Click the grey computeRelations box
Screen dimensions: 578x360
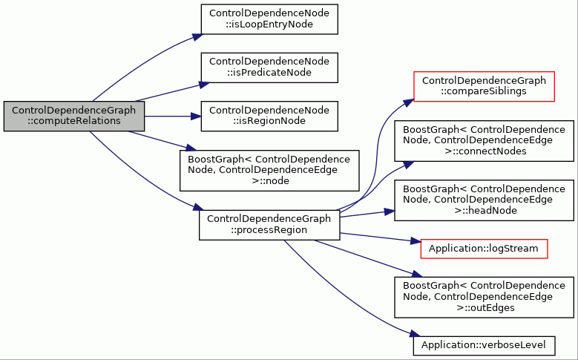click(x=74, y=116)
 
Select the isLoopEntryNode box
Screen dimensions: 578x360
click(x=269, y=19)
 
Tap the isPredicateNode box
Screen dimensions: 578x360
click(x=269, y=68)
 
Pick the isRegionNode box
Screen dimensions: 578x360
click(x=269, y=117)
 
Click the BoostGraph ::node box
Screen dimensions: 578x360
click(x=269, y=171)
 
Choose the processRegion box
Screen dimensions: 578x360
click(x=269, y=225)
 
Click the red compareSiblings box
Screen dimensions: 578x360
click(x=484, y=86)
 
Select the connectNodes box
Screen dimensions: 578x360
click(x=484, y=140)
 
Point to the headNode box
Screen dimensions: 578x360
click(x=484, y=200)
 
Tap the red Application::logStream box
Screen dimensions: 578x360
click(x=484, y=249)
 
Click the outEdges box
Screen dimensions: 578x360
click(x=484, y=297)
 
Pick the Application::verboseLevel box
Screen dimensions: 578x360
click(x=484, y=346)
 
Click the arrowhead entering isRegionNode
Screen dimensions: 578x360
click(x=196, y=117)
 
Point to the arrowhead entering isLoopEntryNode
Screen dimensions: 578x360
click(x=198, y=37)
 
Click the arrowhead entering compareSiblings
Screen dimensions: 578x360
click(x=409, y=102)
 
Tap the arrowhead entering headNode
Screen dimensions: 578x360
click(x=390, y=212)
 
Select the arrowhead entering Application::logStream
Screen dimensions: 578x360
click(x=416, y=241)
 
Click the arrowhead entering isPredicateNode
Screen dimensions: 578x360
click(x=205, y=85)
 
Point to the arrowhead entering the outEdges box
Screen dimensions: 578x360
click(x=417, y=274)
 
